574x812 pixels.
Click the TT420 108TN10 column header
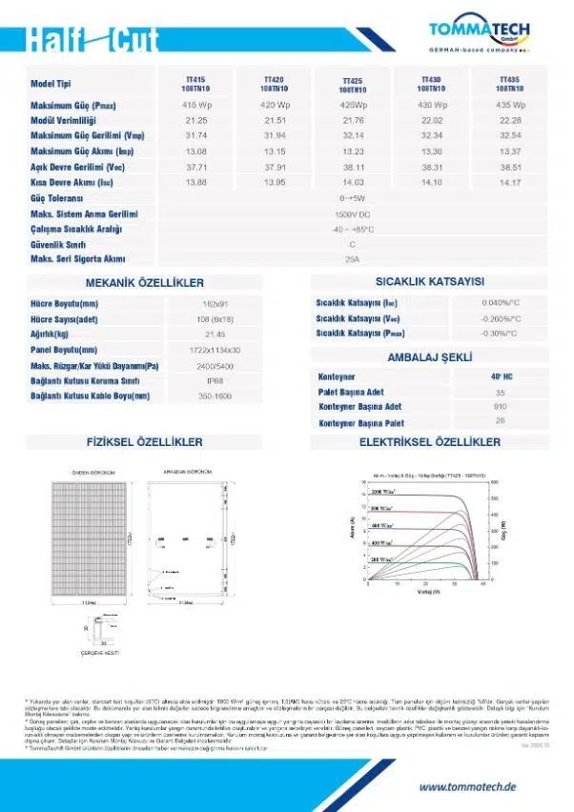(273, 84)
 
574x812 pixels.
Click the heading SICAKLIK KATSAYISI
(430, 282)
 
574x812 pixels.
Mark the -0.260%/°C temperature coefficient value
(500, 318)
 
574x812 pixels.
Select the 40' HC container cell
(501, 376)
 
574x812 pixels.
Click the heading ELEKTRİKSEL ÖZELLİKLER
(430, 442)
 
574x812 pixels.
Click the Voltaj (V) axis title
(426, 591)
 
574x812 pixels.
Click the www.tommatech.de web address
(467, 787)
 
